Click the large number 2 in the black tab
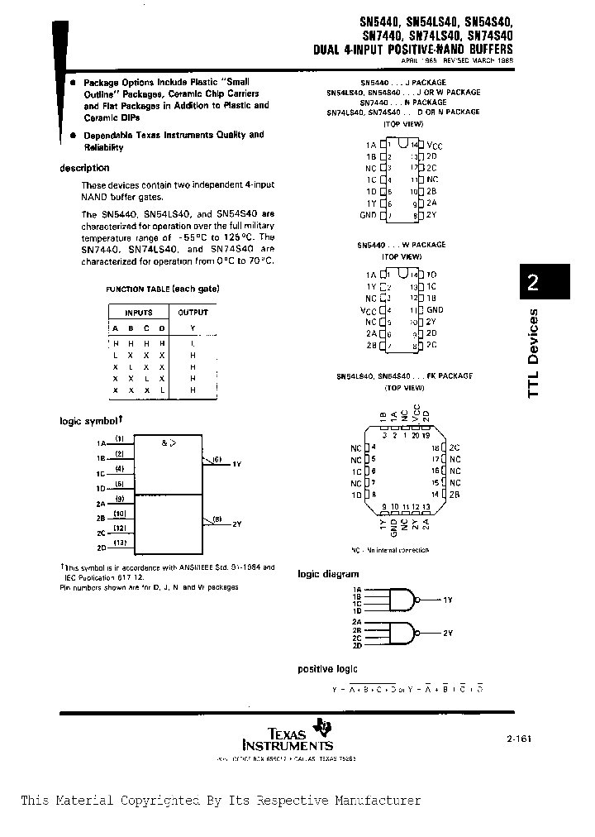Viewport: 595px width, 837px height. click(533, 283)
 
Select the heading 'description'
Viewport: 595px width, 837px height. click(85, 168)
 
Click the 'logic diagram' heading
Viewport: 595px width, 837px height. click(328, 573)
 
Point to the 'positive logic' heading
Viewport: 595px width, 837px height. click(328, 668)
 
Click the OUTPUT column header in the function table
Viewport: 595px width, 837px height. click(193, 313)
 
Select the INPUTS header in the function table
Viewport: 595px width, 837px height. click(138, 313)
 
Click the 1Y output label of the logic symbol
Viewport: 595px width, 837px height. click(236, 464)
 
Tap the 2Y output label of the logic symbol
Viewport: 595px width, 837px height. click(236, 524)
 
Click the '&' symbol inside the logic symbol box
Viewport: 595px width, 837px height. click(164, 442)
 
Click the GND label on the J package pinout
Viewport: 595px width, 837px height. click(368, 215)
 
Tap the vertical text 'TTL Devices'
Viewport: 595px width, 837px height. click(533, 352)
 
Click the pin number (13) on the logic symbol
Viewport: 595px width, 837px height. click(120, 543)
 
